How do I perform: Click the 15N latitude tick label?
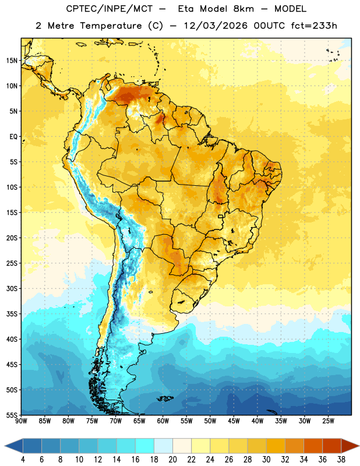(x=12, y=61)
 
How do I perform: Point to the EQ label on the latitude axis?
(x=13, y=137)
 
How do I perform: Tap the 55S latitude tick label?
(x=12, y=415)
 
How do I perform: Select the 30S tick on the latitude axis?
(x=12, y=288)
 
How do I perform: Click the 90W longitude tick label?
(x=21, y=421)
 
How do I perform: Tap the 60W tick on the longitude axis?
(x=163, y=421)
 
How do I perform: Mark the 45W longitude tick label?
(x=234, y=421)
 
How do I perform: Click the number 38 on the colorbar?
(x=341, y=460)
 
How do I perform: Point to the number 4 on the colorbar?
(x=23, y=460)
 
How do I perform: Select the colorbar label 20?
(x=172, y=460)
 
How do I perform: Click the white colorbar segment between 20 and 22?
(x=182, y=446)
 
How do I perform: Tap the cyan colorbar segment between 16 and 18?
(x=144, y=446)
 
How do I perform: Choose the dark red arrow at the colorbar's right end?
(x=350, y=446)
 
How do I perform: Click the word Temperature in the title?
(x=111, y=26)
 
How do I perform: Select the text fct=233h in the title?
(x=313, y=26)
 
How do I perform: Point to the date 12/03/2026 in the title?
(x=215, y=26)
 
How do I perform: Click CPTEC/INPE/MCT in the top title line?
(x=109, y=9)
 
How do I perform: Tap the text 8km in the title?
(x=243, y=9)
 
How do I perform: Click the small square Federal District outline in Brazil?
(x=221, y=217)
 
